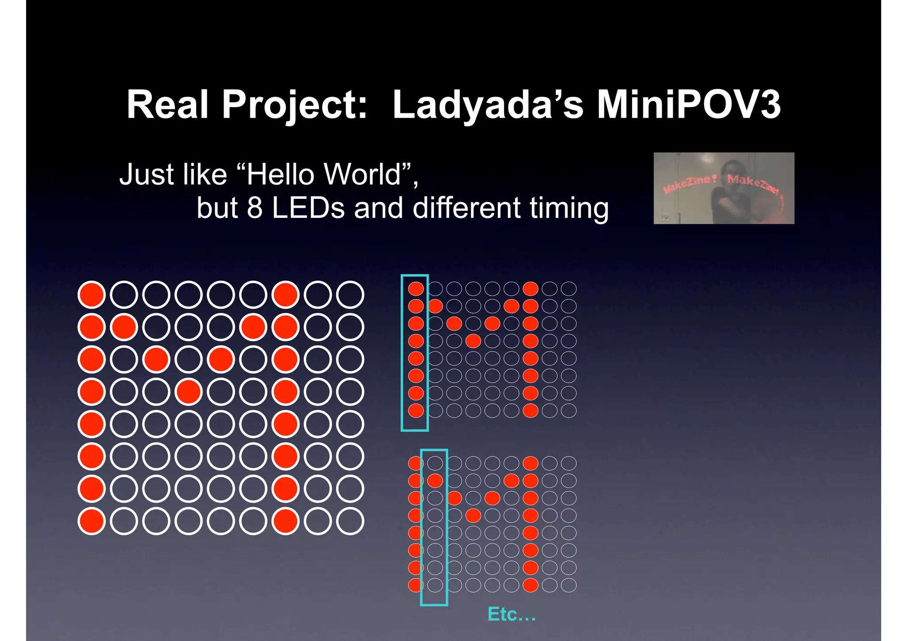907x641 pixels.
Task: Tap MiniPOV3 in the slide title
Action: click(x=688, y=105)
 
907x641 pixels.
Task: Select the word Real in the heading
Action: click(x=167, y=105)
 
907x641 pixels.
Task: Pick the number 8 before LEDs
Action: click(x=254, y=208)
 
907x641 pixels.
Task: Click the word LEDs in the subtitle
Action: click(x=308, y=208)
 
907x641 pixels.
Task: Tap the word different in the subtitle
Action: click(x=466, y=208)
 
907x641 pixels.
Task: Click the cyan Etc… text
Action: click(x=512, y=614)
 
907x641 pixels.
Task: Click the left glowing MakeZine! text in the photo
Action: click(x=689, y=183)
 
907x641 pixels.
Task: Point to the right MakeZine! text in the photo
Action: click(x=753, y=184)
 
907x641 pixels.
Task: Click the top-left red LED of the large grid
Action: click(x=91, y=295)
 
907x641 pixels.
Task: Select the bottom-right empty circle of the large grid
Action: click(x=350, y=521)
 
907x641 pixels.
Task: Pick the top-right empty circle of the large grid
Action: click(x=350, y=295)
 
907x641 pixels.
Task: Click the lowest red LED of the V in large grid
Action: click(x=189, y=392)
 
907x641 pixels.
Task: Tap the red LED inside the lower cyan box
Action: click(x=435, y=481)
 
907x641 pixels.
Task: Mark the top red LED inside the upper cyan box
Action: click(x=415, y=289)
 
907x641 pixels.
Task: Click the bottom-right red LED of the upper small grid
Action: click(x=530, y=411)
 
